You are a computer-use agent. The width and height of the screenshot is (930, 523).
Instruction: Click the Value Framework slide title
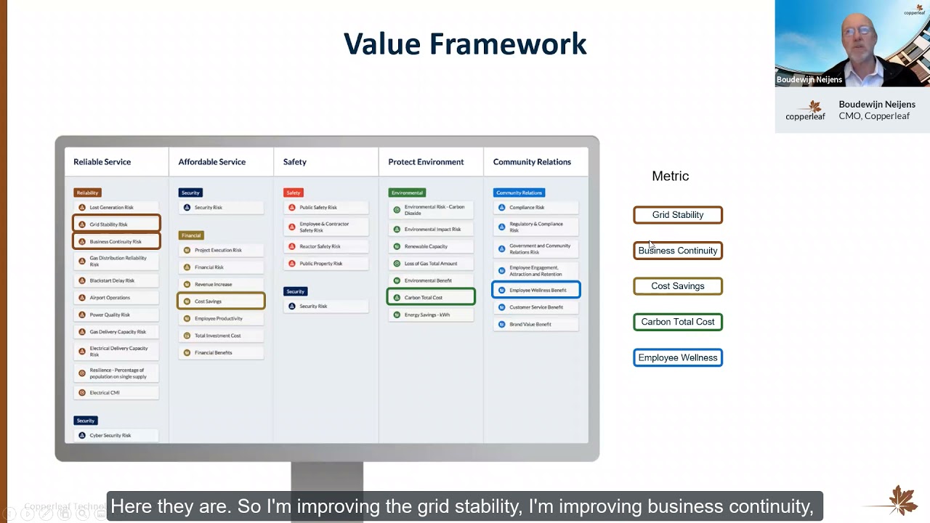(465, 44)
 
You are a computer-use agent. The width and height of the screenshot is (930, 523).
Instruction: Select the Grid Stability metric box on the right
(677, 215)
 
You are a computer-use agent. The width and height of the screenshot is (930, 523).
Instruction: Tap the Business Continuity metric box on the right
(677, 251)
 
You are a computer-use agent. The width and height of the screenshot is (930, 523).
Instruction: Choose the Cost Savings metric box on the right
(677, 286)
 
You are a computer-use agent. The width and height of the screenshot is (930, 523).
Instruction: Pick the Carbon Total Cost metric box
(677, 322)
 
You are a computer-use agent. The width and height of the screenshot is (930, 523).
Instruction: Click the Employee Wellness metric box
(677, 357)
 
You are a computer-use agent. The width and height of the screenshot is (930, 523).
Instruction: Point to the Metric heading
(670, 176)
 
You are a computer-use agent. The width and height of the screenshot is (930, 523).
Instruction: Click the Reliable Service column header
(102, 162)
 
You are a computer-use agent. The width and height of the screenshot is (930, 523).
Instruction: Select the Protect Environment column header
(426, 162)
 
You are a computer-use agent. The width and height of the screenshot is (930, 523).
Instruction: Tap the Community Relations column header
(532, 162)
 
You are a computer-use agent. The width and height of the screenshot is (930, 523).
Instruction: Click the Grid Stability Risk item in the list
(116, 224)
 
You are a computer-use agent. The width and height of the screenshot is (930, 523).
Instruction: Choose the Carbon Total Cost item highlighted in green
(431, 297)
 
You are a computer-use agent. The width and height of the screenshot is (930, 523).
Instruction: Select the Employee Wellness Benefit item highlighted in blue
(536, 290)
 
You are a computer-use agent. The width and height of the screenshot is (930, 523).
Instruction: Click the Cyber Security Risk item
(116, 435)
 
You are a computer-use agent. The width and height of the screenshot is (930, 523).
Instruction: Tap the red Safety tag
(294, 192)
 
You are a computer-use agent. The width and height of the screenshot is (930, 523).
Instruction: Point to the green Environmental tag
(407, 192)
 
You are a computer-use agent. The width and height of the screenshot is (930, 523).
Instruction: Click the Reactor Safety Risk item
(325, 246)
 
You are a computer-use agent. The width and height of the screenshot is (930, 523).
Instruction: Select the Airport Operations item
(116, 297)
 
